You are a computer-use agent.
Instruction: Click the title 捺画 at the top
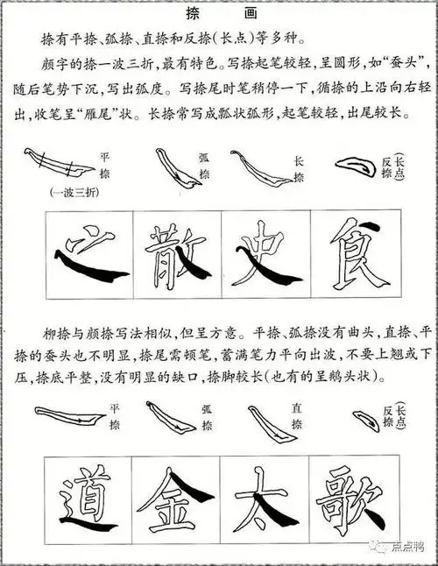(x=219, y=14)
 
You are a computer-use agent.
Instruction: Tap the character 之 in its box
(x=88, y=254)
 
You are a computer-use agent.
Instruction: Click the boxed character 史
(x=265, y=254)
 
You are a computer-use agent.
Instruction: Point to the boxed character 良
(x=355, y=254)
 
